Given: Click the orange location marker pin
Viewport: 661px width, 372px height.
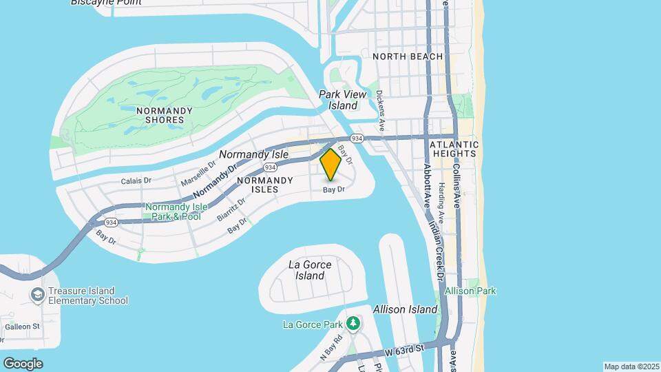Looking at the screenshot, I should coord(330,164).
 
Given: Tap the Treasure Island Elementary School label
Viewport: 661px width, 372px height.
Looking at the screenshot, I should coord(87,296).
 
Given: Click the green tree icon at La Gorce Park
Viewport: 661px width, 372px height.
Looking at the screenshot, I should coord(353,322).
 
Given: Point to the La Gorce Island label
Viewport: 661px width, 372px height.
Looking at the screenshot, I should coord(310,270).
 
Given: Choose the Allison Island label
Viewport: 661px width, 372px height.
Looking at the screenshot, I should coord(405,309).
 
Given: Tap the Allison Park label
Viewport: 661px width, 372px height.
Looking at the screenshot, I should coord(470,291).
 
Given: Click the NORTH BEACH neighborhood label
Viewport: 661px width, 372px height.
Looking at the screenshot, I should coord(408,56).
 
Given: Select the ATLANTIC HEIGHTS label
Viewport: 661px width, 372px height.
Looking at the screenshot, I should coord(452,149).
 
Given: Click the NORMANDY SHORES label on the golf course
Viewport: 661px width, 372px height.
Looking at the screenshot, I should coord(160,115).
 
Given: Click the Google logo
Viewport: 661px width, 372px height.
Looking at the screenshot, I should coord(23,363).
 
